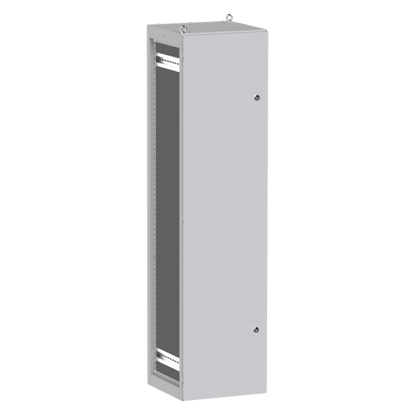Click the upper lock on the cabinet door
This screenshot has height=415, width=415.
click(x=256, y=98)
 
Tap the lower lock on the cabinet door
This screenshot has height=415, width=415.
click(x=256, y=331)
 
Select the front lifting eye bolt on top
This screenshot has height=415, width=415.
click(x=183, y=29)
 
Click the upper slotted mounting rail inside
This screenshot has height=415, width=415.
click(x=167, y=62)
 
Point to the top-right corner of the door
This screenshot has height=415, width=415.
click(x=266, y=31)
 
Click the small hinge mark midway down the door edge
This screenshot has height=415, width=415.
click(x=182, y=221)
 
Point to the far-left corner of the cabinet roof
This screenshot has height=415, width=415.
click(x=147, y=26)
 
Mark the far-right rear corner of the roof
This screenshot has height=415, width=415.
click(x=266, y=29)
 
